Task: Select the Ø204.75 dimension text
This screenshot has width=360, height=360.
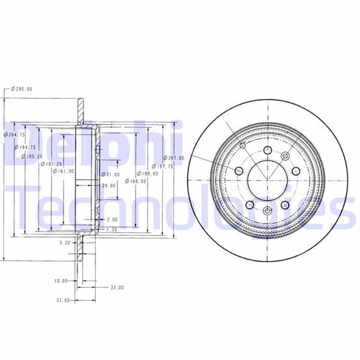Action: point(14,135)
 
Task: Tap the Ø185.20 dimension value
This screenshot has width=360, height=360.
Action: point(31,157)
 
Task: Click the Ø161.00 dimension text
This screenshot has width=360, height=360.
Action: point(63,171)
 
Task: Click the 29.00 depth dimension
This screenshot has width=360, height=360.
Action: point(108,187)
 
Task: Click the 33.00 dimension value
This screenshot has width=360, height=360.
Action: point(116,287)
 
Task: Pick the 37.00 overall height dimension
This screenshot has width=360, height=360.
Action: point(63,299)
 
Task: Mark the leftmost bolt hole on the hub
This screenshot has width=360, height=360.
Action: point(239,172)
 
